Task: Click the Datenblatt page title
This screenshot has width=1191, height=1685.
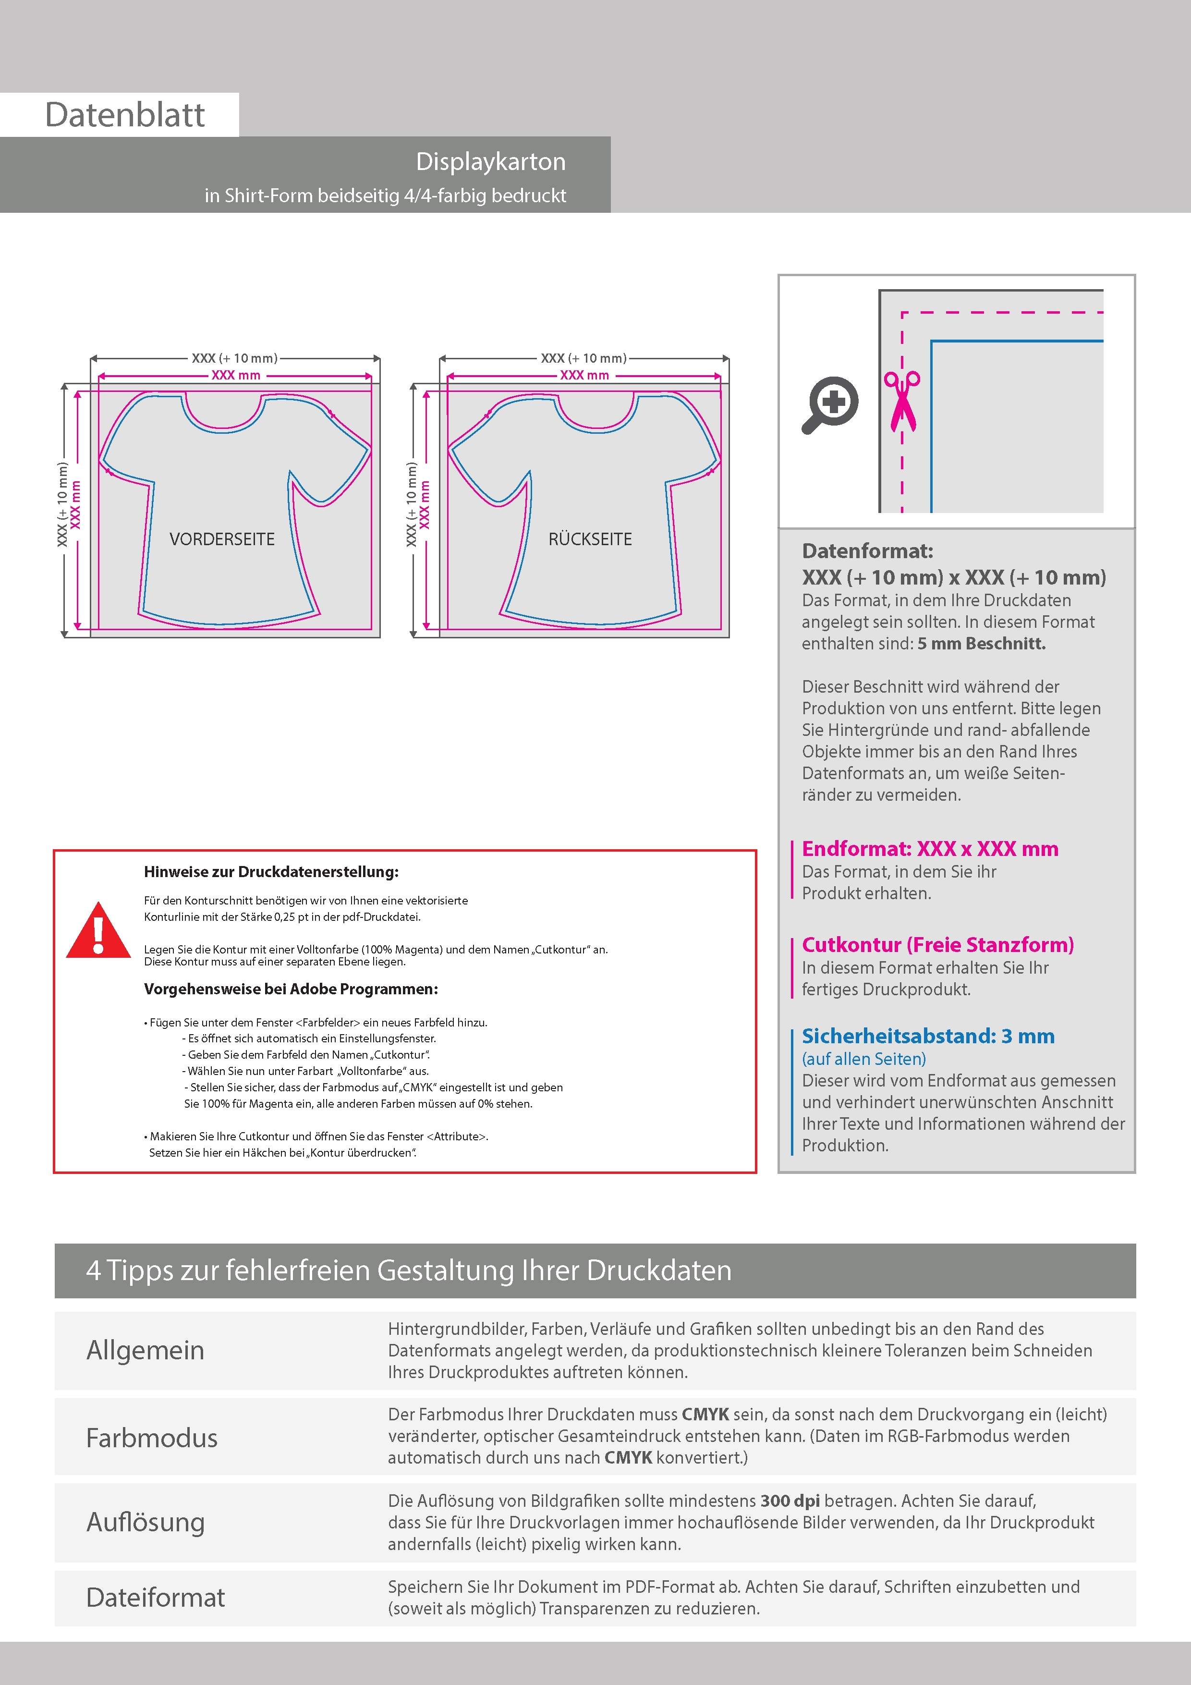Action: (125, 115)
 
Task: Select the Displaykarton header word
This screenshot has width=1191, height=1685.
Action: (490, 161)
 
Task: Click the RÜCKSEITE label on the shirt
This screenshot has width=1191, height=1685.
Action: (590, 539)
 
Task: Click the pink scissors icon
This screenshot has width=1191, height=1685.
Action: (902, 400)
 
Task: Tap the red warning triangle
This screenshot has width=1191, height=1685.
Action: (98, 930)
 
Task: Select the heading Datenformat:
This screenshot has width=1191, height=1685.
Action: (867, 551)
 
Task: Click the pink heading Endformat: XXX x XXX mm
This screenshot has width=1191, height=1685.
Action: (930, 849)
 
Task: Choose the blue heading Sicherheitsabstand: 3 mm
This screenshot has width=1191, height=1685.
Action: (927, 1036)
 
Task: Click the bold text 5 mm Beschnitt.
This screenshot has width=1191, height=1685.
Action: (981, 644)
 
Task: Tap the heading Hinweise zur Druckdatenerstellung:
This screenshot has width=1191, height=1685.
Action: (271, 872)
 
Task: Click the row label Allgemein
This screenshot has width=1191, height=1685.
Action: (146, 1350)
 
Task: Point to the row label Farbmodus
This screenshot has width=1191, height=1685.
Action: (152, 1438)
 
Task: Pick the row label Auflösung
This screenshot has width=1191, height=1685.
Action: (146, 1522)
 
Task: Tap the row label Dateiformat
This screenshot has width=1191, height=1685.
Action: (156, 1598)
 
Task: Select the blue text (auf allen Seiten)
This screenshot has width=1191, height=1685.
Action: (863, 1059)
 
